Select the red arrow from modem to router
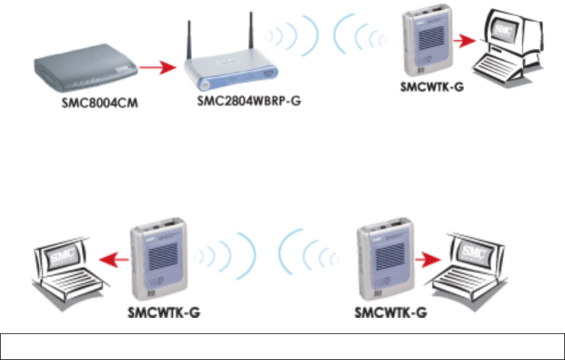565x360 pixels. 155,68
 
